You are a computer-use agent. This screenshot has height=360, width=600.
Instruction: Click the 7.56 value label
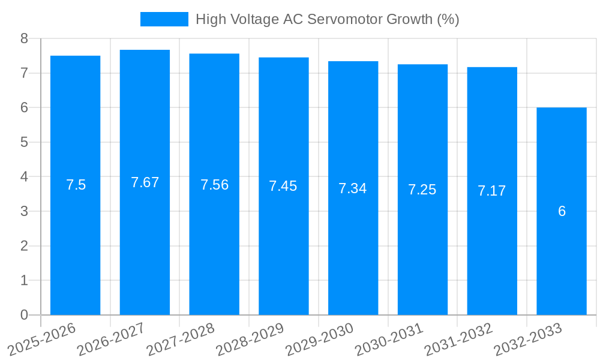click(x=214, y=185)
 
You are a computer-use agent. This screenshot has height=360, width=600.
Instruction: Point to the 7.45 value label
click(x=283, y=186)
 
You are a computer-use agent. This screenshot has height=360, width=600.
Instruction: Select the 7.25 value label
click(x=422, y=190)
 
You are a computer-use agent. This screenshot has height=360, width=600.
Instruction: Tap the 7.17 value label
click(x=492, y=191)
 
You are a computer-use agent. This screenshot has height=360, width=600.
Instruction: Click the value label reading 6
click(x=562, y=211)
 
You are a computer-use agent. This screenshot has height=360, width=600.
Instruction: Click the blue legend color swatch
click(x=164, y=19)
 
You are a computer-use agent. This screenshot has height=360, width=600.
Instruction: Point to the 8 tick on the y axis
click(x=24, y=38)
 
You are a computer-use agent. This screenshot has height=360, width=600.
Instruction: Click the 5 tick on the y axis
click(x=24, y=142)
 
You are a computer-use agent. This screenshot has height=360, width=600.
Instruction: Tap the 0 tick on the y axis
click(x=24, y=315)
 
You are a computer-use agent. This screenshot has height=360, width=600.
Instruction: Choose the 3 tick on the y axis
click(x=24, y=211)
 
